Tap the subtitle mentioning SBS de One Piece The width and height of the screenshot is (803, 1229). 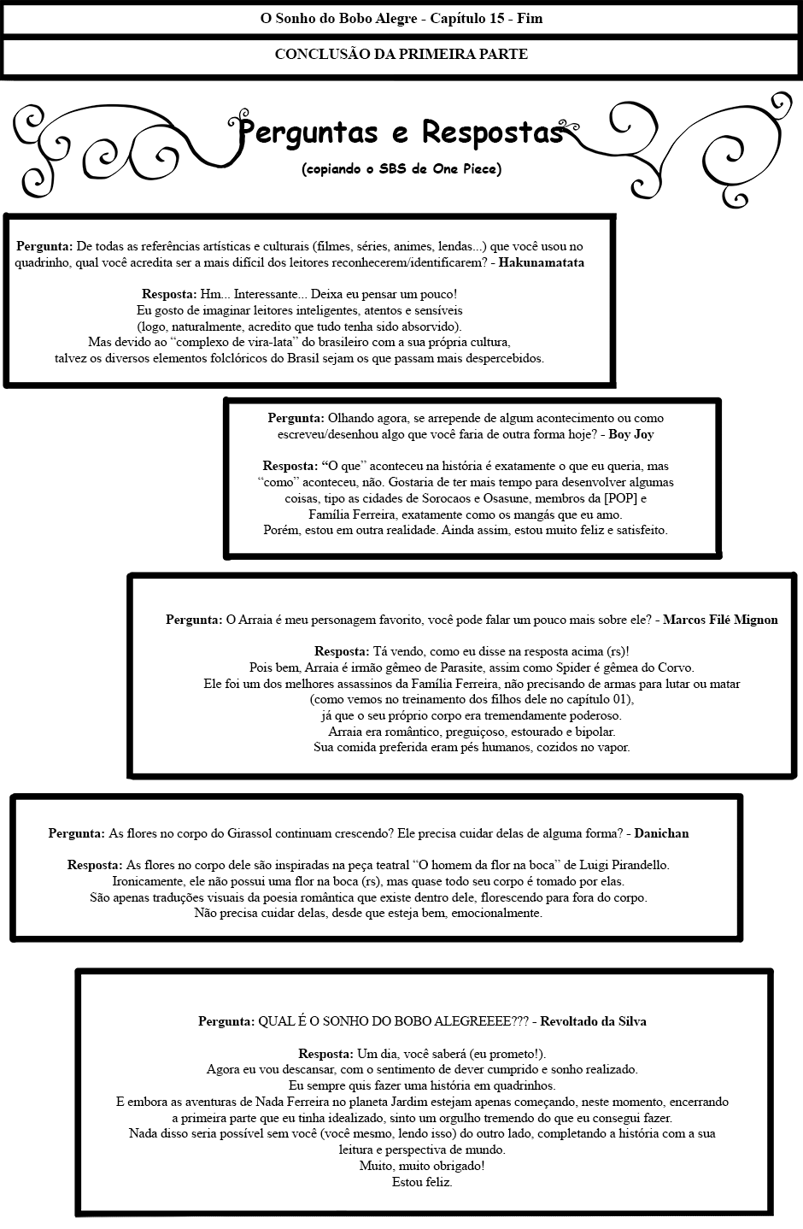pos(401,169)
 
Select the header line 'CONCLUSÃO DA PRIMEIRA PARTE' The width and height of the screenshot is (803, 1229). pos(401,54)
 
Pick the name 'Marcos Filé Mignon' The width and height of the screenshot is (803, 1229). pos(720,620)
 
